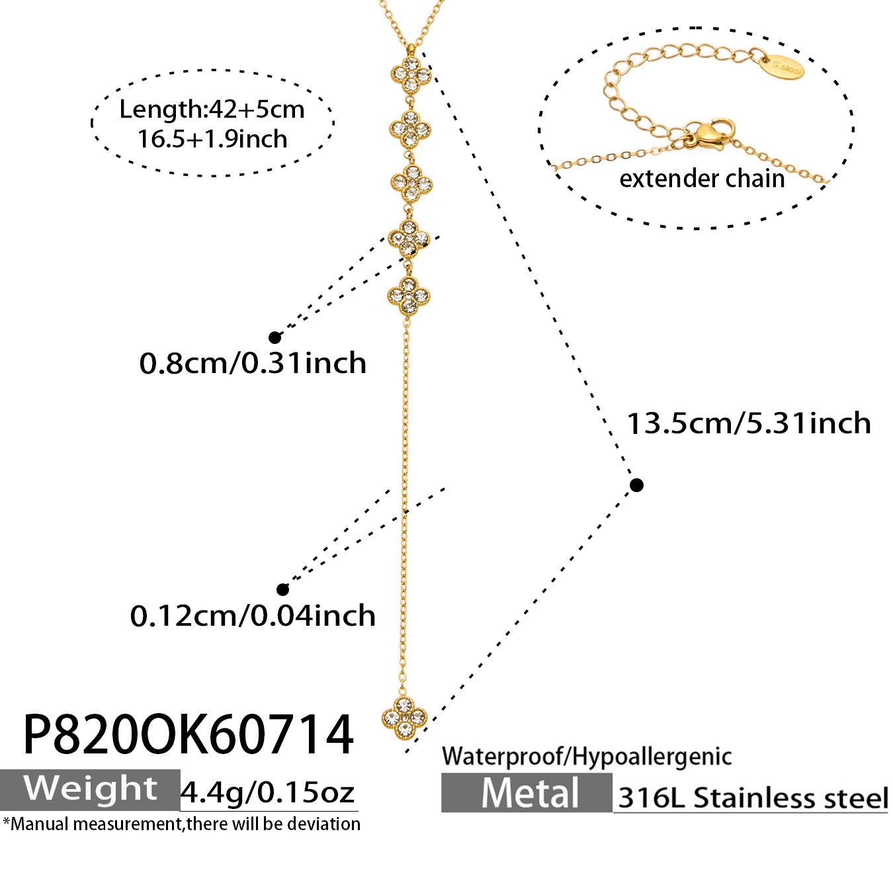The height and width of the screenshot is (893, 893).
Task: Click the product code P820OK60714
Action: click(x=188, y=735)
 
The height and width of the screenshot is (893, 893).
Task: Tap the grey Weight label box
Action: click(x=90, y=790)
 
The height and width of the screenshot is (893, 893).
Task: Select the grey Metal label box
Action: click(x=527, y=793)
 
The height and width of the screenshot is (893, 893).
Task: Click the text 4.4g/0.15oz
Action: click(x=267, y=792)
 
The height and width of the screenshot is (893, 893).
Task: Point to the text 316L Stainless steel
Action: click(x=753, y=798)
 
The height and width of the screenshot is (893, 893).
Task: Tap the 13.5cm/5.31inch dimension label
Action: click(x=748, y=423)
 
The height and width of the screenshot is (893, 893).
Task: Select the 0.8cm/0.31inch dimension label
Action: click(x=253, y=362)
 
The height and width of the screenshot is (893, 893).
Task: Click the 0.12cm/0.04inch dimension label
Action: click(x=253, y=616)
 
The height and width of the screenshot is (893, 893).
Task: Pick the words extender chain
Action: click(x=702, y=179)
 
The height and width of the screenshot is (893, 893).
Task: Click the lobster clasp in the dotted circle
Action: click(x=710, y=134)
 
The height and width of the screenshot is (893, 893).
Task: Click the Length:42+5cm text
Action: click(x=212, y=110)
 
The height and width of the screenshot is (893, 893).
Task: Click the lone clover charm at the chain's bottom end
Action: click(x=404, y=717)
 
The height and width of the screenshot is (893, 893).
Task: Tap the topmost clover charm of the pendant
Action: click(x=411, y=73)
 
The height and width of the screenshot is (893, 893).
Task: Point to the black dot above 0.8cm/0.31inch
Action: click(x=275, y=337)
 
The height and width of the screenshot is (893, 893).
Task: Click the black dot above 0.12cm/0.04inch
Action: click(x=282, y=589)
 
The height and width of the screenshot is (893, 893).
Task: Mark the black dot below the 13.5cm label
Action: click(x=637, y=485)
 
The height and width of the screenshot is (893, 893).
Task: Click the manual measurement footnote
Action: click(x=181, y=824)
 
